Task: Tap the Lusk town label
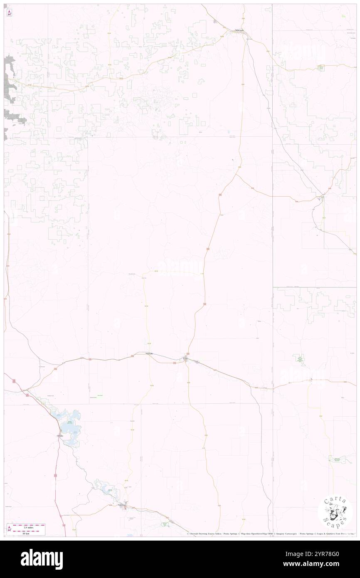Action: tap(186, 358)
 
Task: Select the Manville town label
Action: tap(150, 353)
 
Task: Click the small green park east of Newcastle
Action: tap(321, 67)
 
